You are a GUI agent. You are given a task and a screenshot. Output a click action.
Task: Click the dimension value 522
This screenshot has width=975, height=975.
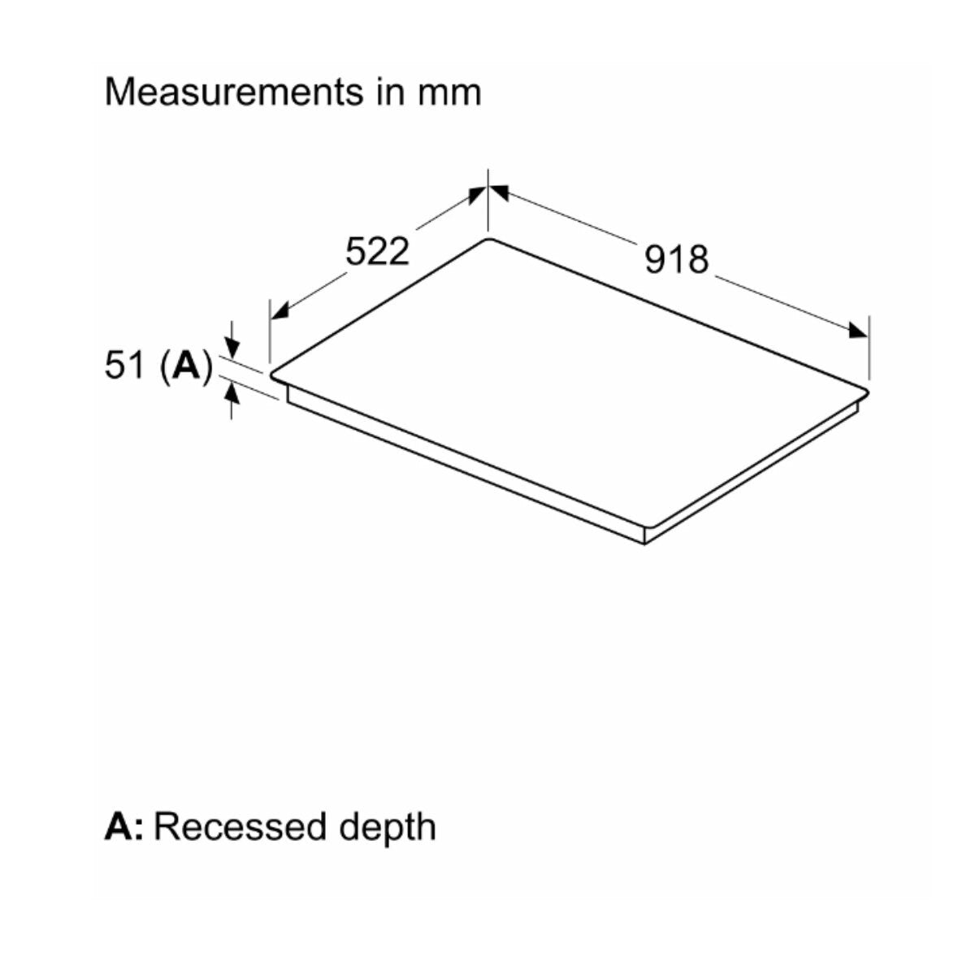pos(377,251)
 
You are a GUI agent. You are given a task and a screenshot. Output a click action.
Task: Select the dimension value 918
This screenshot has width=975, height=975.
pos(677,260)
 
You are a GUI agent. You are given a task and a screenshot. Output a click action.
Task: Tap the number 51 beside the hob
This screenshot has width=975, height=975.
pos(117,365)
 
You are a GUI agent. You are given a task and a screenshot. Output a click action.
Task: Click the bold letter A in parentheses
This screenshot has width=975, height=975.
pos(187,365)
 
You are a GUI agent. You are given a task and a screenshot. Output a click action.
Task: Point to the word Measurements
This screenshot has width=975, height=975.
pos(234,92)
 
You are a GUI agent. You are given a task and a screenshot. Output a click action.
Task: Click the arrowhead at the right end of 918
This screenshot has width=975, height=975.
pos(858,331)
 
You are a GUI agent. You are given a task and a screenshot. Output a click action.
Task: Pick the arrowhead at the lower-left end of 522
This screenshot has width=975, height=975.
pos(279,310)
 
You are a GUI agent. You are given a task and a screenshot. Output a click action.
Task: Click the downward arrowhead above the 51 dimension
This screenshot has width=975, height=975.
pos(232,347)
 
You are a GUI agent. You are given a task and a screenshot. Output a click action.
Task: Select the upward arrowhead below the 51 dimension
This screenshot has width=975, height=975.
pos(232,393)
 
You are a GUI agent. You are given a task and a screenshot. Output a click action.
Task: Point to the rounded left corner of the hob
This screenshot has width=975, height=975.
pos(273,375)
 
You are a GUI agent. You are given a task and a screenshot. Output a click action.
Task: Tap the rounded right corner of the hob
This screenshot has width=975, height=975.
pos(866,391)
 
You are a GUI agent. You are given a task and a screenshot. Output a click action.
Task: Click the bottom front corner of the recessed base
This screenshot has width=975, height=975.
pos(644,544)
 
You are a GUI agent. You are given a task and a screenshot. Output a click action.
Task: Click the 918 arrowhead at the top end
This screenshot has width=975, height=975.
pos(499,193)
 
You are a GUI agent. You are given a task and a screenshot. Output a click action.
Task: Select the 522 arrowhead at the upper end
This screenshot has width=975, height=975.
pos(476,195)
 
